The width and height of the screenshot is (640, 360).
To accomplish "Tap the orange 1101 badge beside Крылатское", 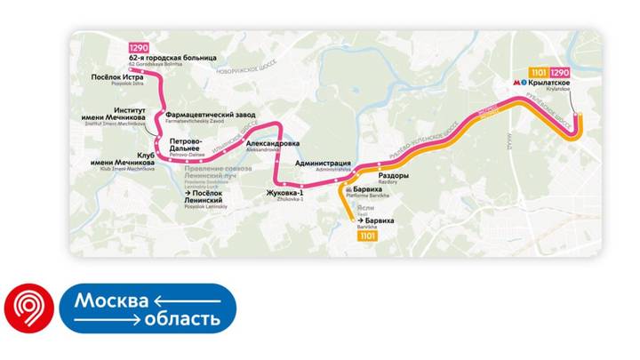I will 539,72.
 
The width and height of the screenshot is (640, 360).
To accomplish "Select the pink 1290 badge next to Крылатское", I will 560,72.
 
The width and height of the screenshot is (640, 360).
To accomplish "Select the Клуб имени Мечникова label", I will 122,160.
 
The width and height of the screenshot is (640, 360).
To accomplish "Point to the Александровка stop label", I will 272,143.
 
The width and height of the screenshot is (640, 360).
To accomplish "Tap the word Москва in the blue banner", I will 110,300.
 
